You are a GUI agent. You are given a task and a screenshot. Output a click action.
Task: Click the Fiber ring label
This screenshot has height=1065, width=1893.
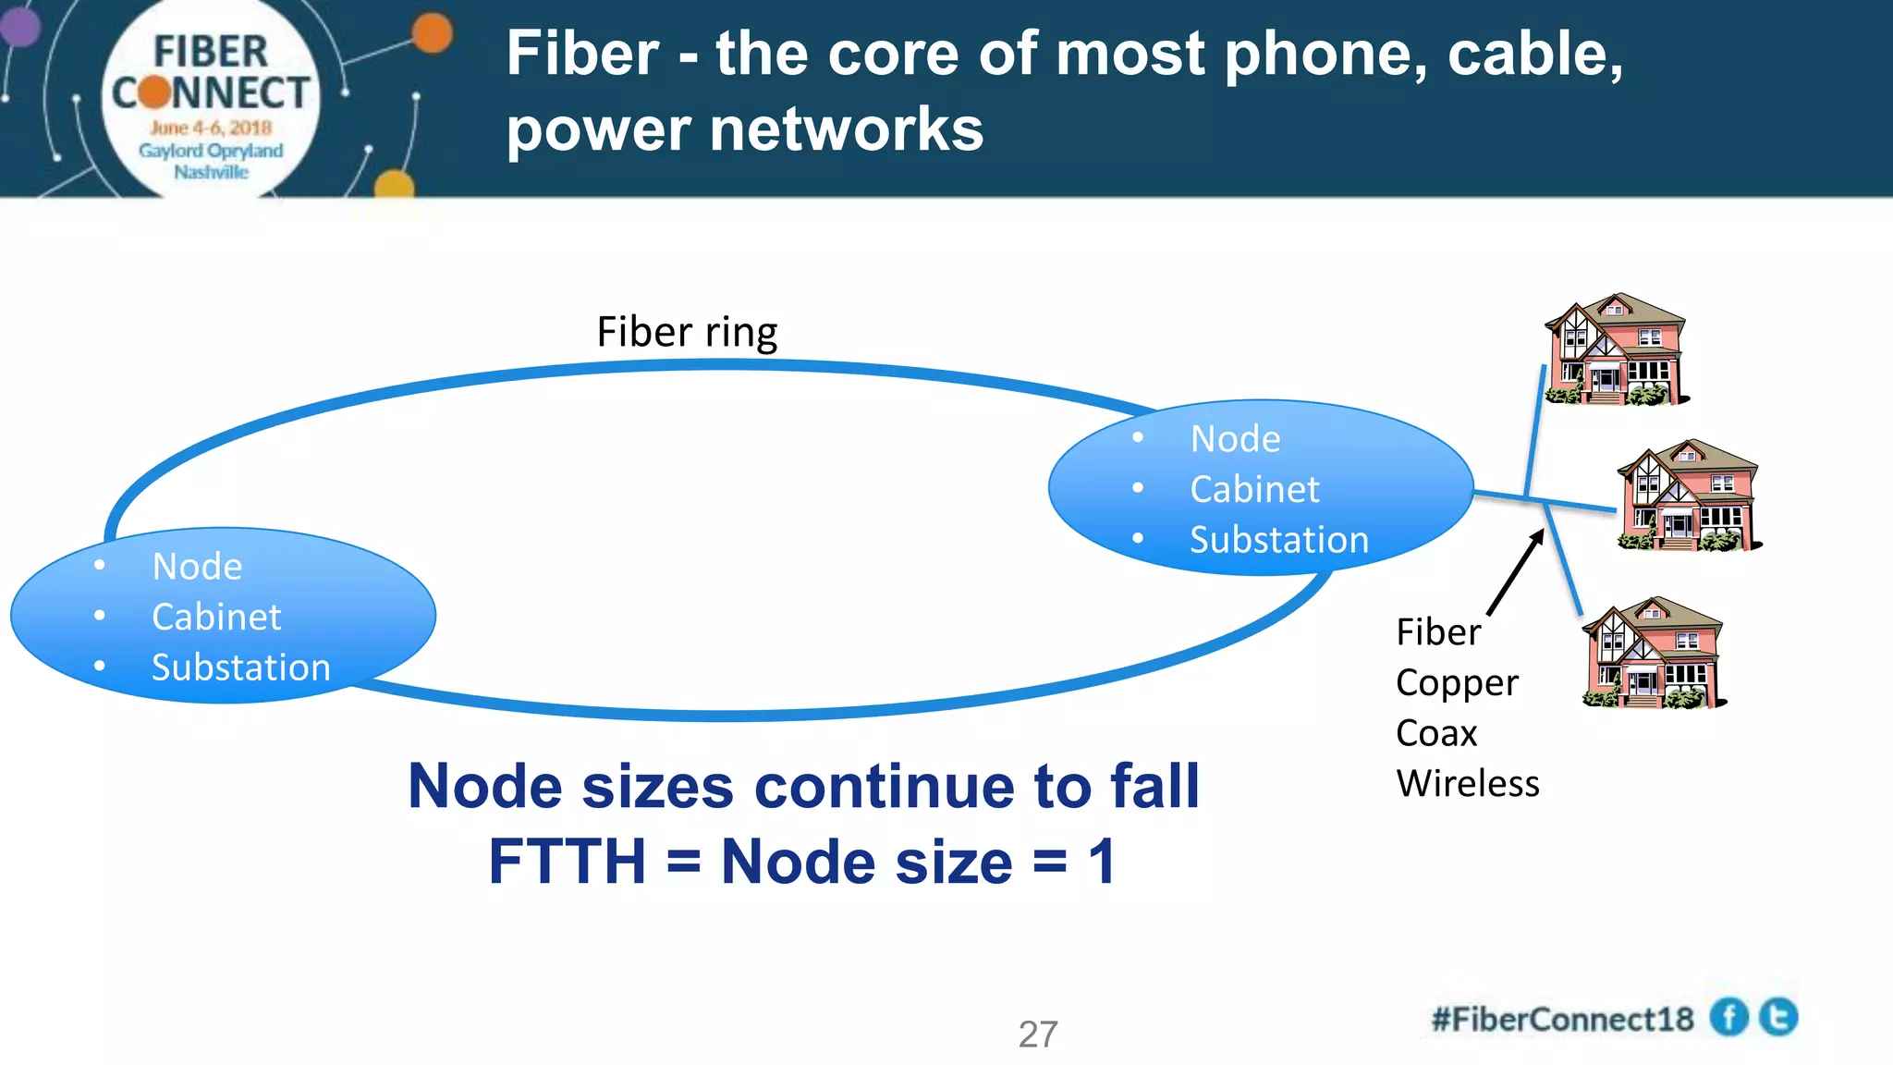click(x=687, y=332)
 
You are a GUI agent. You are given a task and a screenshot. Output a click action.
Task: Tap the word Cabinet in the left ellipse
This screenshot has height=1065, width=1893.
click(x=216, y=617)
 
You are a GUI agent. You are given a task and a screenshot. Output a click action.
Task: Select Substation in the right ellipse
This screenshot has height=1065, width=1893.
click(x=1278, y=540)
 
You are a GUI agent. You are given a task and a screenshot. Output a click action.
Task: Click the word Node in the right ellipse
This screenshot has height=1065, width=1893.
click(x=1235, y=439)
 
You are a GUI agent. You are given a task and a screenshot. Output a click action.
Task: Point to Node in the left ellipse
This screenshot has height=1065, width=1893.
click(x=197, y=567)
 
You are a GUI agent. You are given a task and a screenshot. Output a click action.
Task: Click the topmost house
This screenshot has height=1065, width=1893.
click(x=1615, y=350)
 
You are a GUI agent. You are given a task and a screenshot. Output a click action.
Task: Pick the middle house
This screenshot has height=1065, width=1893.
click(x=1687, y=496)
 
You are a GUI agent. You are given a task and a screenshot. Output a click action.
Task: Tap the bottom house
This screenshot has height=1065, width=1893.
click(x=1652, y=654)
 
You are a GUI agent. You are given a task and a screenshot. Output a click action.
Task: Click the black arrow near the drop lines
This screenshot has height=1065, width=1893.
click(x=1516, y=572)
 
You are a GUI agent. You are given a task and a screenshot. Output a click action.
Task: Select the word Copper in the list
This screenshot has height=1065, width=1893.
click(x=1457, y=683)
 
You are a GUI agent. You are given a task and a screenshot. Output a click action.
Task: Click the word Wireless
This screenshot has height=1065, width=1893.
click(x=1468, y=784)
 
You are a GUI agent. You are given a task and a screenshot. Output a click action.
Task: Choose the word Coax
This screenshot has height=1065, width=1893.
click(x=1436, y=733)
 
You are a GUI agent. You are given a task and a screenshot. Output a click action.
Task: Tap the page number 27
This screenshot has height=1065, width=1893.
click(x=1038, y=1034)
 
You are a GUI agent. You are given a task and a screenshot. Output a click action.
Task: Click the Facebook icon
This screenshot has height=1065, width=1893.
click(x=1728, y=1018)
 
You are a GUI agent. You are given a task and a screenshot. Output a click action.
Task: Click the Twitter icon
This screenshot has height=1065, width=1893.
click(x=1778, y=1017)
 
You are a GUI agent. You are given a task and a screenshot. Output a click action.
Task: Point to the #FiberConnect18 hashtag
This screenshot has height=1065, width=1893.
click(x=1562, y=1019)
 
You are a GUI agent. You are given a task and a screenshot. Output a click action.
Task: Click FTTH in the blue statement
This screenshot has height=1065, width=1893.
click(x=567, y=862)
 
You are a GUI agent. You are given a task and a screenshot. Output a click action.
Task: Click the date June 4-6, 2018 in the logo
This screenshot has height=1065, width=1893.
click(x=211, y=128)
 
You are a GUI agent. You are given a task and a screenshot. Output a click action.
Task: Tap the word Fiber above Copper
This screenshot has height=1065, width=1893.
click(x=1438, y=632)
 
